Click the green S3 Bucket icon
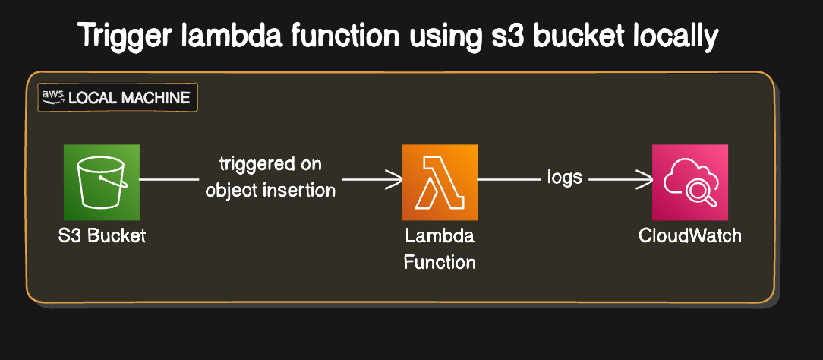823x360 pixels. (102, 182)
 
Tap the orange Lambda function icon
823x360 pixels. (440, 182)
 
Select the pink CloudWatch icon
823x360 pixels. (689, 182)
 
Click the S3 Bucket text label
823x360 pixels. (102, 235)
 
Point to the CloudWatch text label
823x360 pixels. (689, 235)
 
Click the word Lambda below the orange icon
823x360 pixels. (440, 236)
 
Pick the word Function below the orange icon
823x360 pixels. (440, 263)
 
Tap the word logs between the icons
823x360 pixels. (564, 178)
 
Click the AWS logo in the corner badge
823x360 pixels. (53, 96)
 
